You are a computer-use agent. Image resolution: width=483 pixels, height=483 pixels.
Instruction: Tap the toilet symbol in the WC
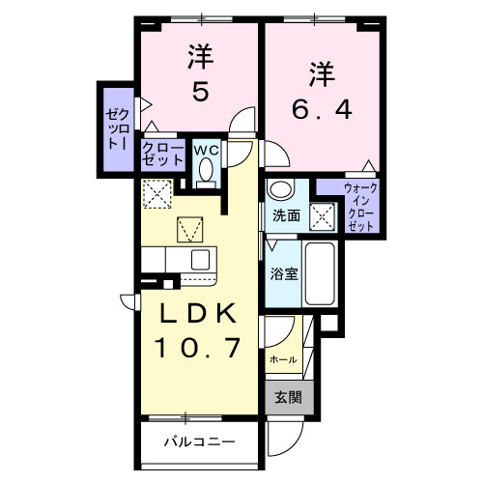pyautogui.click(x=205, y=170)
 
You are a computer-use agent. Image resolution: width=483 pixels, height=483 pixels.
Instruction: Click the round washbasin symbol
pyautogui.click(x=280, y=189)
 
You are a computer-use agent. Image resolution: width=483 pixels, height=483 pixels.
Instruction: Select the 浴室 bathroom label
pyautogui.click(x=284, y=272)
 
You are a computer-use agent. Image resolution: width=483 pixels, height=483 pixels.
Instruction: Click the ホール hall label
pyautogui.click(x=282, y=358)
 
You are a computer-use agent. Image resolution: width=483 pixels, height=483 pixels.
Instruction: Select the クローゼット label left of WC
pyautogui.click(x=159, y=153)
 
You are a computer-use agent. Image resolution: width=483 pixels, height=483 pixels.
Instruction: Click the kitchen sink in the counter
pyautogui.click(x=200, y=259)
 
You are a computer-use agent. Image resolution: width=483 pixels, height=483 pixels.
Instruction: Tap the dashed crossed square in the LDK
pyautogui.click(x=156, y=194)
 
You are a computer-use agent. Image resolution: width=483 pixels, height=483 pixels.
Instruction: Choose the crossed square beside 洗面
pyautogui.click(x=322, y=215)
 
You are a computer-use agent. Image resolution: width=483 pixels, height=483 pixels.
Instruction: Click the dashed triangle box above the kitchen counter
pyautogui.click(x=189, y=230)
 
